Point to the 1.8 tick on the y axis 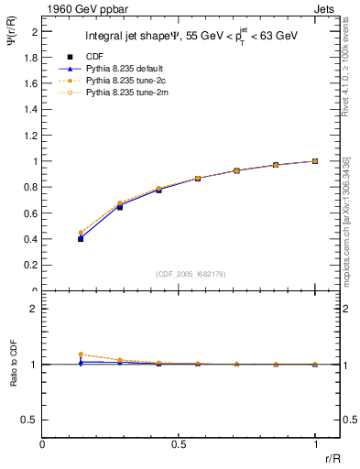click(x=31, y=57)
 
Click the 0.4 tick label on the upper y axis click(x=31, y=239)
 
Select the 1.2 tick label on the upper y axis click(x=31, y=135)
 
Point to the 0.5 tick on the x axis click(x=179, y=444)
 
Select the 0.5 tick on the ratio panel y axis click(x=31, y=420)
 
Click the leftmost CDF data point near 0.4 click(x=82, y=238)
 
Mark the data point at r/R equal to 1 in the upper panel click(x=315, y=160)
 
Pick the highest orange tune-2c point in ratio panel click(x=82, y=354)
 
